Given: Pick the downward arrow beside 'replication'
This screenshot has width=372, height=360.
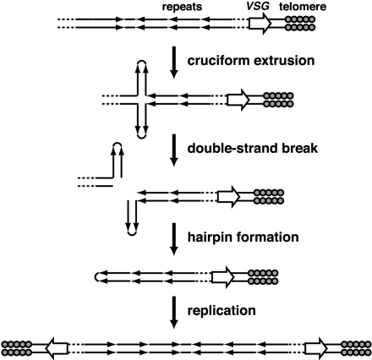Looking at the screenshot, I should (x=173, y=309).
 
